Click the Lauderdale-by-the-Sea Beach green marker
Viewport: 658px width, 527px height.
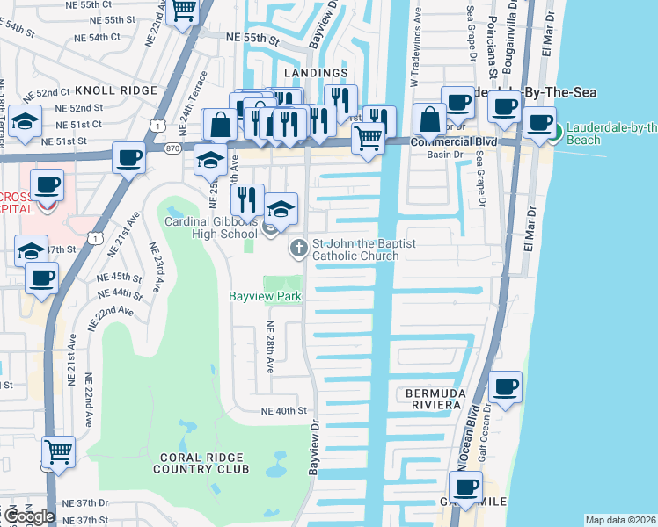point(554,134)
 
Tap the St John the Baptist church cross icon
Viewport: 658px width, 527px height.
point(298,249)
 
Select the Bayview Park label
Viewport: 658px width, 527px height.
point(266,297)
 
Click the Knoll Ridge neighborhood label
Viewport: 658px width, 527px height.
point(115,90)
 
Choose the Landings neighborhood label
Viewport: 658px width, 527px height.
point(316,73)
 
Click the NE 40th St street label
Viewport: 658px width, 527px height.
point(282,410)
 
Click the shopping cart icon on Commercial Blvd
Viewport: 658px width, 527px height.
point(368,136)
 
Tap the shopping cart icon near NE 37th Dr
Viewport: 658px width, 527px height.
point(58,451)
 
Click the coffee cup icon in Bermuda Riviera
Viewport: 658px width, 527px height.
point(505,387)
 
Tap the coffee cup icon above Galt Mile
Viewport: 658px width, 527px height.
point(465,486)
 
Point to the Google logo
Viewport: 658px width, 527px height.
point(28,516)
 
